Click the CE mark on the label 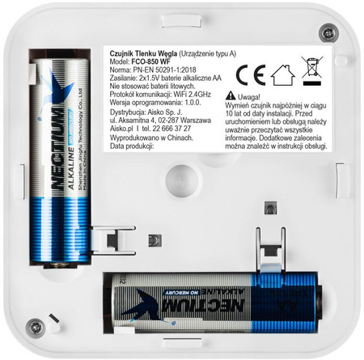[246, 75]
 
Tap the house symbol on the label [281, 75]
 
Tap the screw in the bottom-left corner [33, 327]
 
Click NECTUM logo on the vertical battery [60, 163]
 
